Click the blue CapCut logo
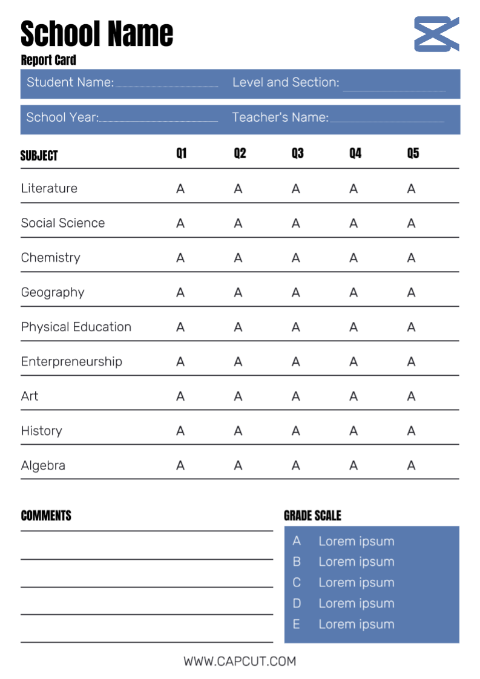(436, 34)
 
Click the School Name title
(97, 33)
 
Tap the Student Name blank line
(166, 85)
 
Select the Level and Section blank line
(394, 90)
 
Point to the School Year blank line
(158, 120)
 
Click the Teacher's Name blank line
(387, 120)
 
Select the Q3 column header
(297, 153)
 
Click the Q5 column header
(413, 153)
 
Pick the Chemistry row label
(50, 258)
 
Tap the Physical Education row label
(76, 327)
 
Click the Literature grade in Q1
(180, 189)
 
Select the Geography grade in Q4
(353, 293)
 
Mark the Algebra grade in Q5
(411, 465)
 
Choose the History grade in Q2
(238, 431)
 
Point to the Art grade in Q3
(295, 396)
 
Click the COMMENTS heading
(46, 516)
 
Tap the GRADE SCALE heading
(312, 516)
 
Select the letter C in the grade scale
(297, 582)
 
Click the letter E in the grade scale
(297, 624)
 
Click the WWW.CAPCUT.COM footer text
(240, 661)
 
